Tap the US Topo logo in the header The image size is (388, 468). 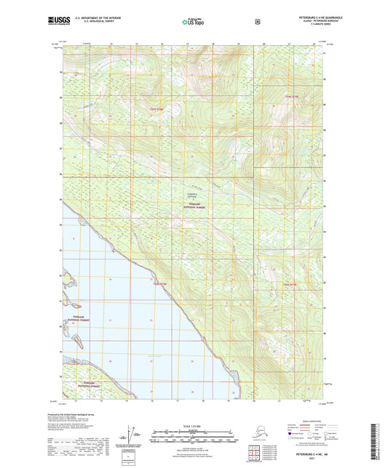coord(194,22)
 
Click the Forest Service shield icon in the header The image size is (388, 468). coord(257,21)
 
